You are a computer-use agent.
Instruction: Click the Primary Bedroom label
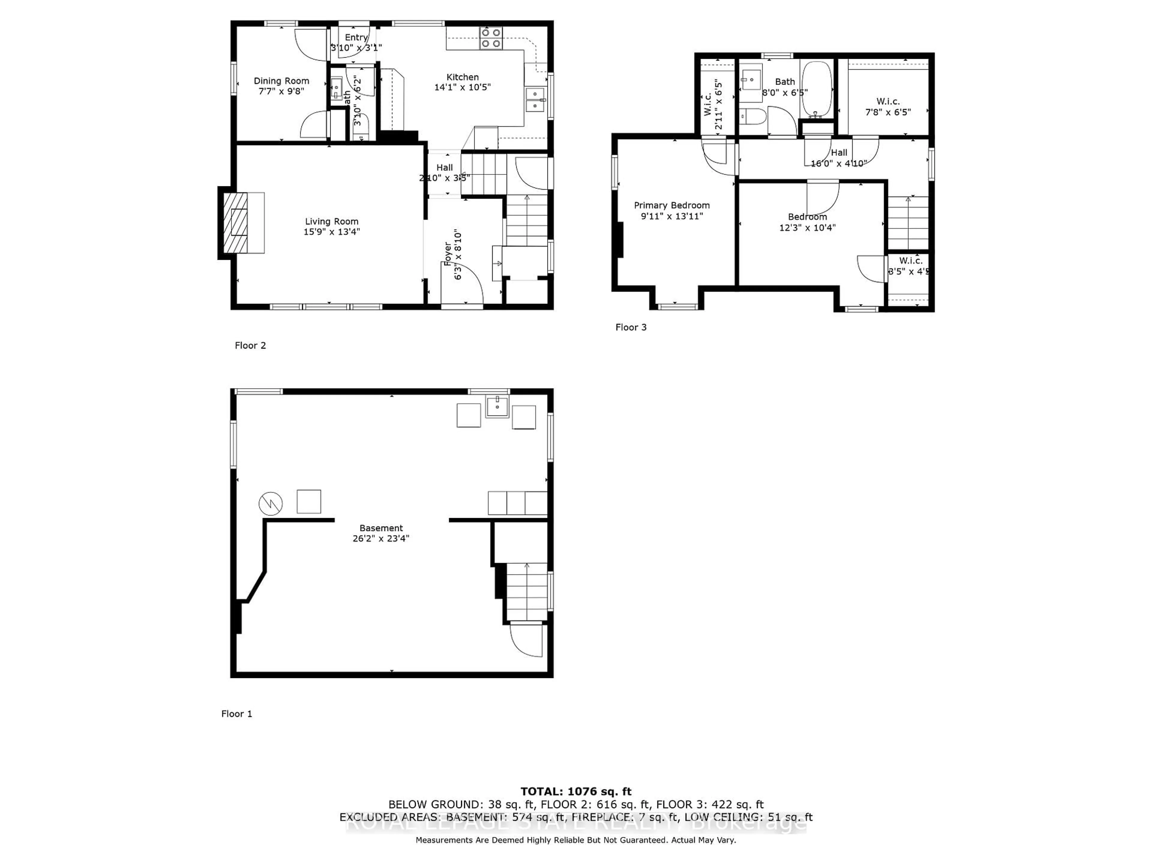(x=671, y=205)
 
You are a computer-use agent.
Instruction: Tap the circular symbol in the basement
(x=270, y=504)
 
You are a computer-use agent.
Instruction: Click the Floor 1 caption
(x=236, y=713)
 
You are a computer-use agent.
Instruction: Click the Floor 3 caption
(x=631, y=327)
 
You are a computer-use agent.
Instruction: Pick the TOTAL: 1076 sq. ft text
(x=575, y=792)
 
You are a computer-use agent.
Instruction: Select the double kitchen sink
(x=535, y=100)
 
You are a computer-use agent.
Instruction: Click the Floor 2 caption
(x=250, y=345)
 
